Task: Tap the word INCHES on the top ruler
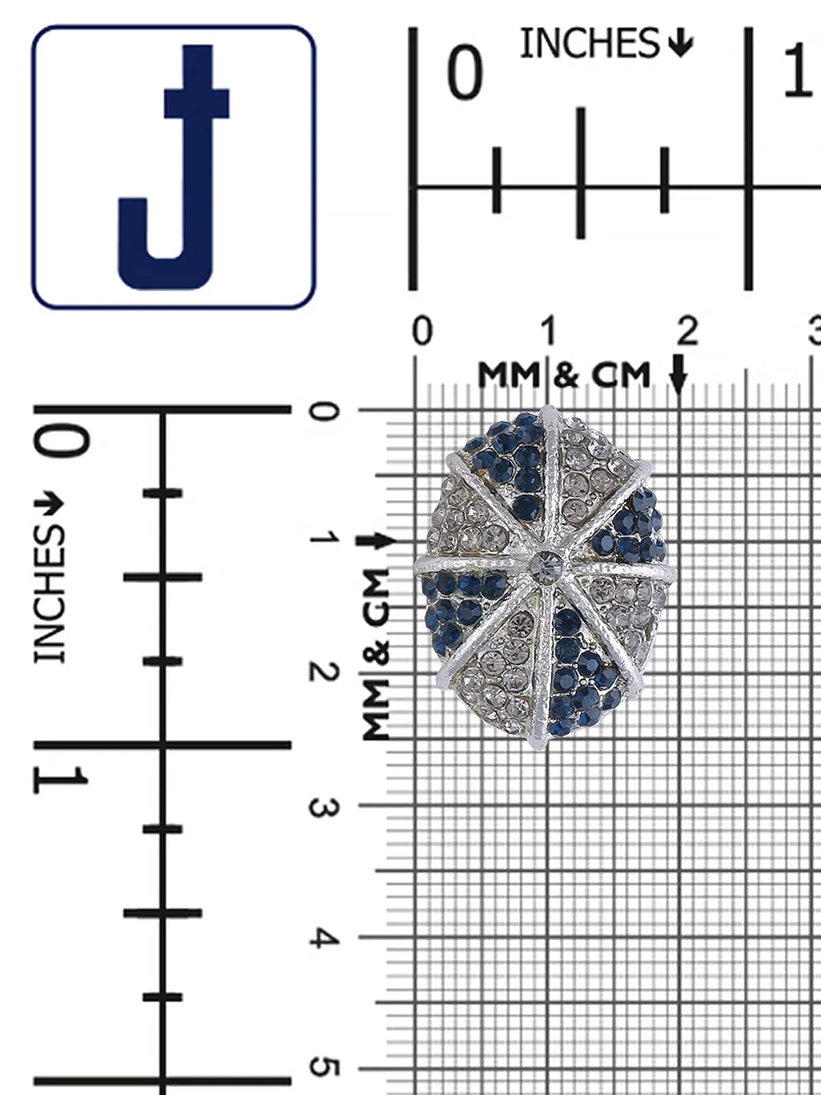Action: pyautogui.click(x=589, y=42)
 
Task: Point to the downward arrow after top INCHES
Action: pyautogui.click(x=681, y=43)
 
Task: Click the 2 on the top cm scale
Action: pyautogui.click(x=688, y=331)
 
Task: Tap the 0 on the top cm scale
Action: pyautogui.click(x=422, y=331)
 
